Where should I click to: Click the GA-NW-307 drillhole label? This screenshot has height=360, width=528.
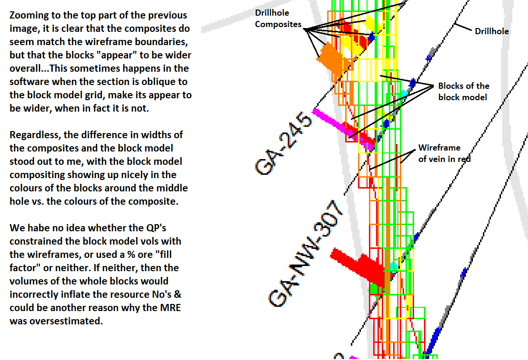(x=305, y=254)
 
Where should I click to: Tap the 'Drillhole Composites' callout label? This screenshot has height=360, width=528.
(x=278, y=19)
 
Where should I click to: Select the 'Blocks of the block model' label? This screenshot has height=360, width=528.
(x=463, y=91)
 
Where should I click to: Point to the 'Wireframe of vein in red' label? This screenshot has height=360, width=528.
(x=444, y=153)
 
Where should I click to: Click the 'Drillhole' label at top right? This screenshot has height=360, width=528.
(x=491, y=31)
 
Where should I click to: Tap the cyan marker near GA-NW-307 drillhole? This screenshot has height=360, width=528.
(x=394, y=266)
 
